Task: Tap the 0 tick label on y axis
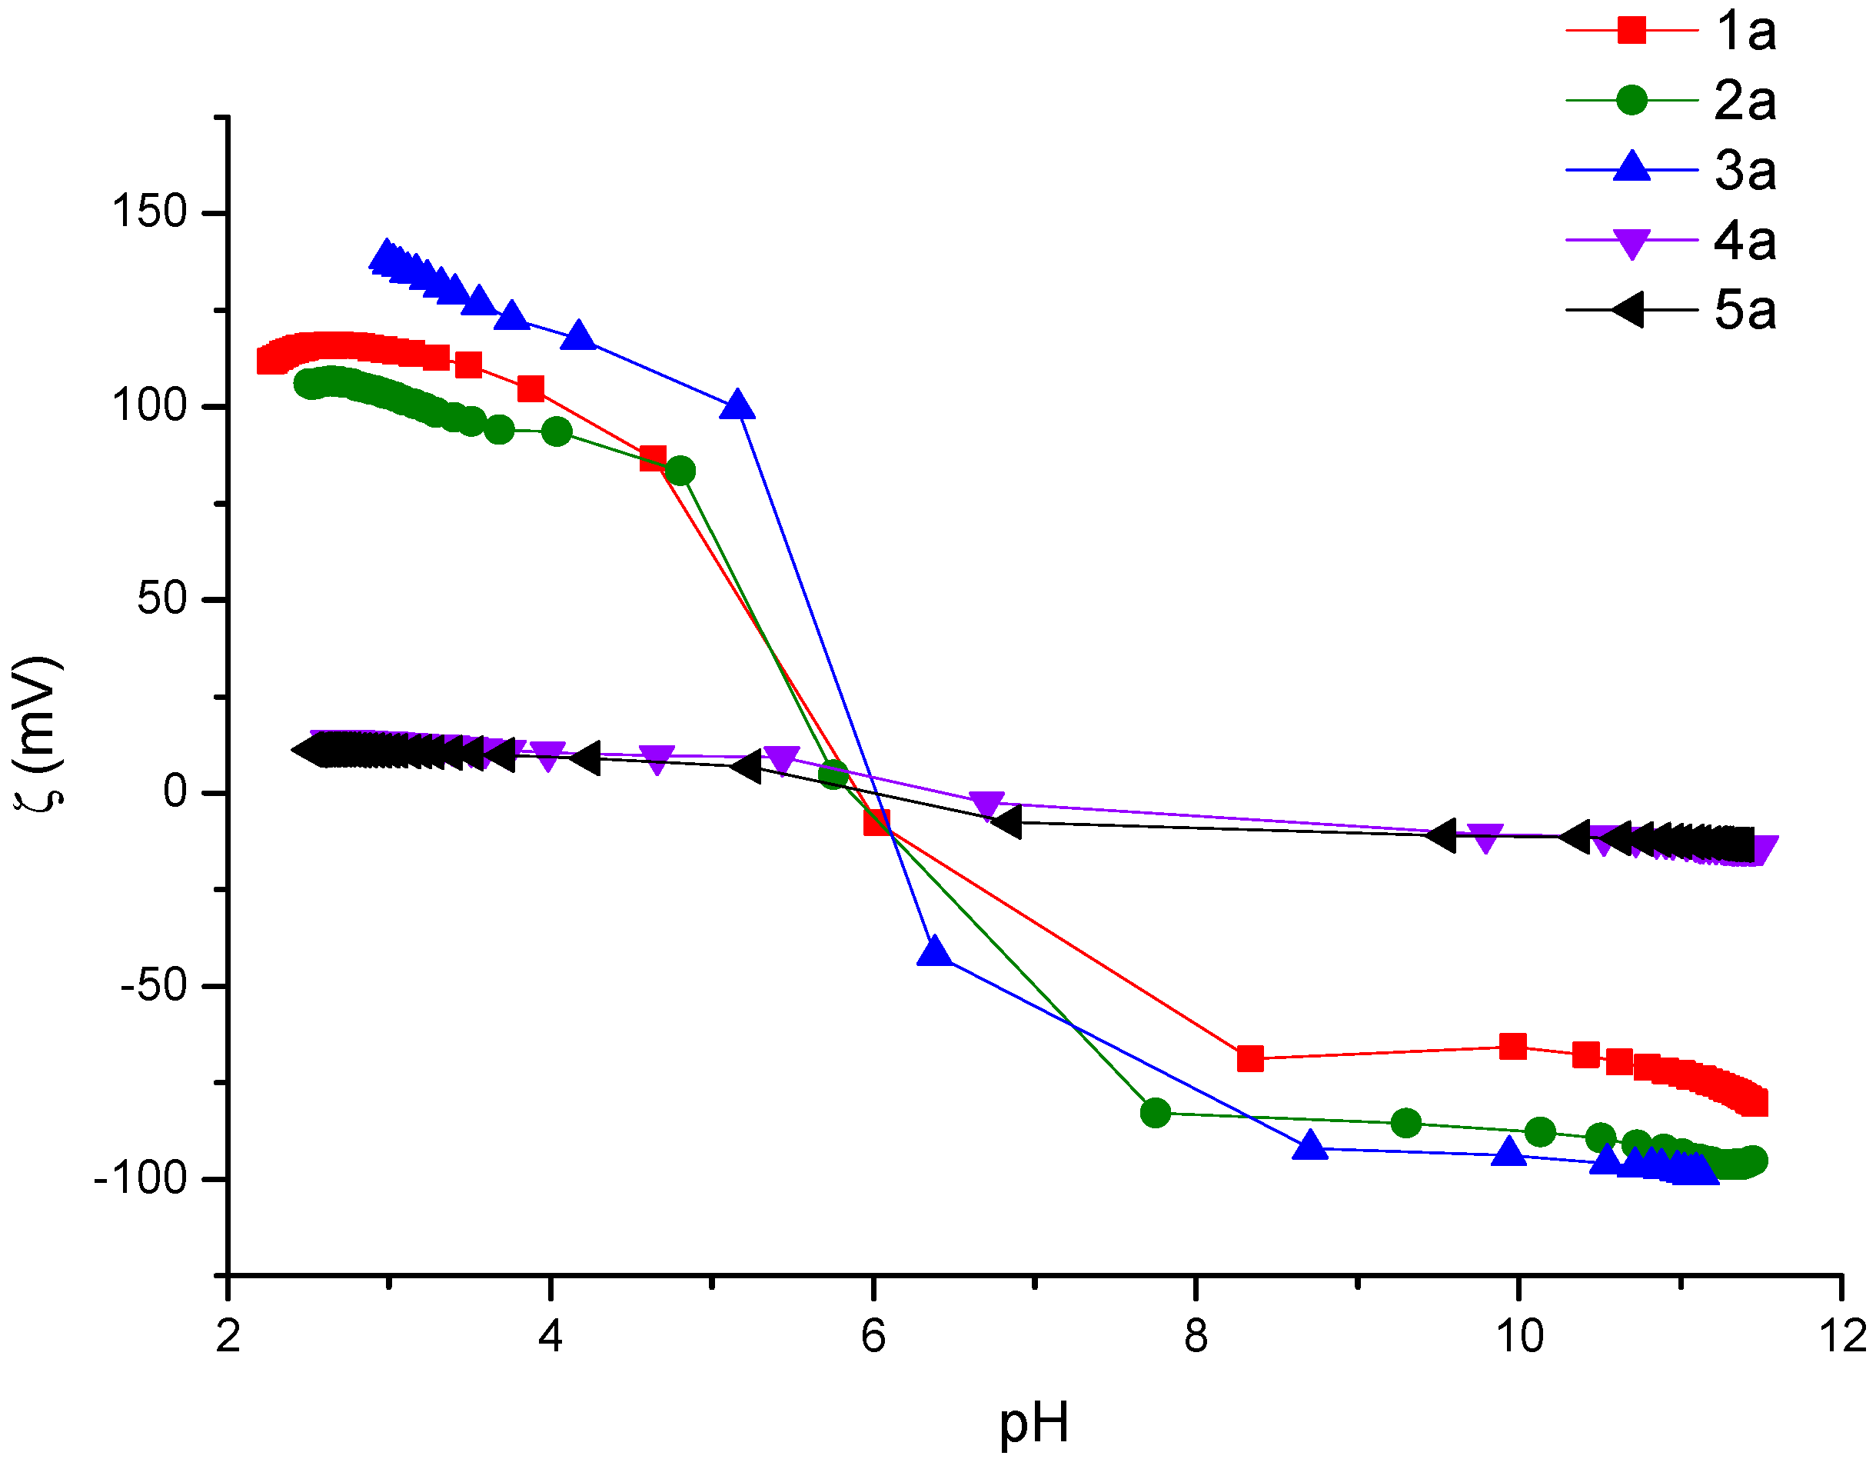[175, 791]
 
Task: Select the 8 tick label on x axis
[1196, 1336]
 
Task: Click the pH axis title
[1034, 1422]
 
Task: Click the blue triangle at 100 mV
[737, 405]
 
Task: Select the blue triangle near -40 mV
[935, 952]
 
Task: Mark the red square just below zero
[877, 821]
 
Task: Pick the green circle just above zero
[833, 775]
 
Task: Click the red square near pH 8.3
[1251, 1058]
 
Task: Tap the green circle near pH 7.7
[1156, 1113]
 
